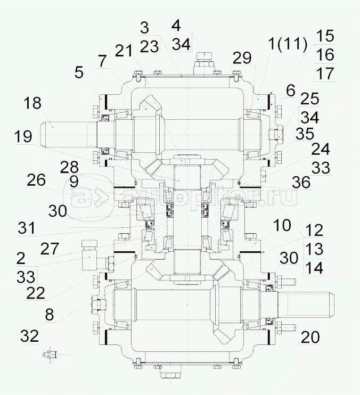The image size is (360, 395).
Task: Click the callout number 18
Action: (33, 103)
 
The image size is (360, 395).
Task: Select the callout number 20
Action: (310, 337)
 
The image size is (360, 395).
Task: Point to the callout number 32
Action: (29, 336)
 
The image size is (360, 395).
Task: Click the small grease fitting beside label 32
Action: (50, 355)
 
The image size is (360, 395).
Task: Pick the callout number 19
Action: (23, 137)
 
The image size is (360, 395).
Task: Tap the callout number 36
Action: (302, 182)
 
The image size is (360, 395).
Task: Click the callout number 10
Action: (282, 225)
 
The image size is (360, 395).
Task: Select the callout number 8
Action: (50, 315)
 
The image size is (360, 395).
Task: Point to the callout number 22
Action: (36, 293)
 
